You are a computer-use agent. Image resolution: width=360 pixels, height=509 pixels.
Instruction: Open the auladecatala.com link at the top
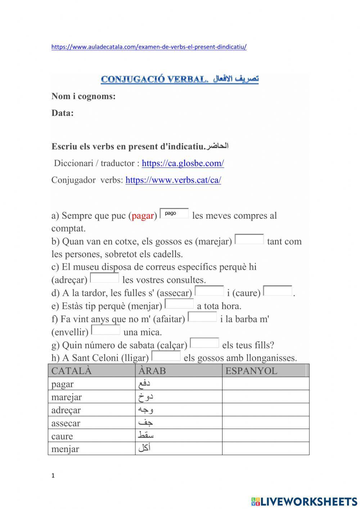point(149,47)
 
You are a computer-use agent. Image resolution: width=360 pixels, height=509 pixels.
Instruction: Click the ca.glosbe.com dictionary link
point(183,163)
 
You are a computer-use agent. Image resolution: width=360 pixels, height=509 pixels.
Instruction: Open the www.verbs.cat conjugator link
point(173,180)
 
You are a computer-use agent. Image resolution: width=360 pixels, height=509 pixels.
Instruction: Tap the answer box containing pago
point(174,214)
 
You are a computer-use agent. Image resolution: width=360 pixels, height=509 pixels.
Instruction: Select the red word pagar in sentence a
point(143,216)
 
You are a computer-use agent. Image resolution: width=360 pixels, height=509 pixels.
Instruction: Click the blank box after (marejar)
point(249,239)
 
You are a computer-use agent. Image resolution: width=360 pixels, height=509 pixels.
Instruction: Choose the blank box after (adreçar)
point(104,278)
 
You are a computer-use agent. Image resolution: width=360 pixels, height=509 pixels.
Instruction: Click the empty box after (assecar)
point(209,291)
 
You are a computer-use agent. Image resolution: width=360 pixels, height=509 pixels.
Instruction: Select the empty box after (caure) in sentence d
point(278,291)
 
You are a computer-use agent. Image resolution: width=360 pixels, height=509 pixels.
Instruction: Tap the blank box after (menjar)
point(179,304)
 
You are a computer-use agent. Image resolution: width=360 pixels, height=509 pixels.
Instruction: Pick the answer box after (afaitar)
point(203,317)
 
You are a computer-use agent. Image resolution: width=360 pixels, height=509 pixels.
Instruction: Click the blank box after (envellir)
point(105,330)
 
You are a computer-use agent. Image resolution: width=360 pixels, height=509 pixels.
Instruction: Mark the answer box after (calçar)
point(204,343)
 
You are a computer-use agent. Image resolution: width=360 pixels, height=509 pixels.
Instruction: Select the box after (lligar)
point(166,356)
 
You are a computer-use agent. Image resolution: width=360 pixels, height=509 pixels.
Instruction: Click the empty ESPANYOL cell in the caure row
point(265,436)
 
